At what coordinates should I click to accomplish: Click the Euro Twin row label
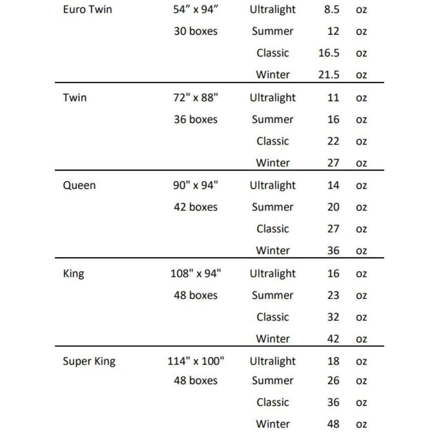coord(87,10)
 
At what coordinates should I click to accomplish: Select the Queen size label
coord(79,185)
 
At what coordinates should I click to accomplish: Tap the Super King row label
coord(89,361)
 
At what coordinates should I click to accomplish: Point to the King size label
coord(73,273)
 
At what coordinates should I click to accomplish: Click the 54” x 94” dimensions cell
coord(195,10)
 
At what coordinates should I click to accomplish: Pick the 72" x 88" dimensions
coord(196,98)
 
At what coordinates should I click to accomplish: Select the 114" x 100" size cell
coord(196,361)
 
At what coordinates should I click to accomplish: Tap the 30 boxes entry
coord(196,31)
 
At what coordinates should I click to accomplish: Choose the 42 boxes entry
coord(196,207)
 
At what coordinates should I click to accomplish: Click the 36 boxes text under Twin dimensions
coord(196,119)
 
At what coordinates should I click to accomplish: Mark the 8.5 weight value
coord(332,10)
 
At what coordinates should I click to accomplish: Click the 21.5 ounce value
coord(329,75)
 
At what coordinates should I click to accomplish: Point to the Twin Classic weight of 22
coord(333,141)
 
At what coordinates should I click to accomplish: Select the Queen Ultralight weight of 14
coord(333,185)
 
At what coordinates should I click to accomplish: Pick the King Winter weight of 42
coord(333,339)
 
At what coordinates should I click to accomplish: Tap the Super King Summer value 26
coord(333,381)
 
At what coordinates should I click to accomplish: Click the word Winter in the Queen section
coord(273,250)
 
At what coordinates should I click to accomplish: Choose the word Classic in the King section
coord(273,317)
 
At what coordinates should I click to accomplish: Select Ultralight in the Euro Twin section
coord(273,10)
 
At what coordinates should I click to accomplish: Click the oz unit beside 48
coord(361,424)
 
